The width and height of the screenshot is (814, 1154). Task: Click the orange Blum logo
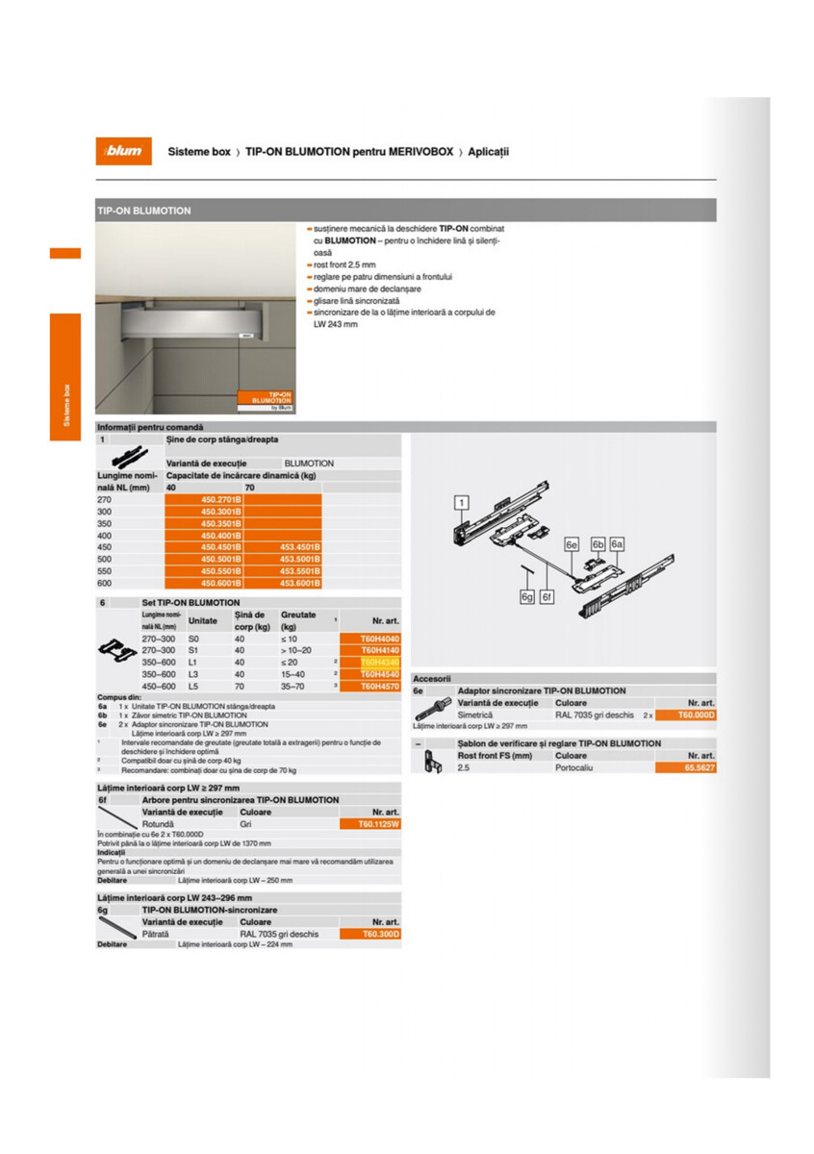coord(123,151)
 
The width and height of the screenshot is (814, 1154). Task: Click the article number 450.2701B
coord(221,500)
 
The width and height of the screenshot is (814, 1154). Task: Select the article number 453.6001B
coord(300,583)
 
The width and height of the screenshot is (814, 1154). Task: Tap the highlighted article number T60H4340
coord(379,662)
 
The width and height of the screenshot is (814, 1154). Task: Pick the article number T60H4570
coord(379,687)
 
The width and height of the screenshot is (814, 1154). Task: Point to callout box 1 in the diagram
coord(463,502)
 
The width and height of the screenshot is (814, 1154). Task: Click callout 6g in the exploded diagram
coord(526,597)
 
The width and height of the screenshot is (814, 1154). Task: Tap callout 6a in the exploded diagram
coord(617,544)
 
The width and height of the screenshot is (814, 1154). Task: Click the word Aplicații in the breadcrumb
coord(488,152)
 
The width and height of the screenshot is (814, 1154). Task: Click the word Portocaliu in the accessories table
coord(574,768)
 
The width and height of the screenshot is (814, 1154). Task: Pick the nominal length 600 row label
coord(105,583)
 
